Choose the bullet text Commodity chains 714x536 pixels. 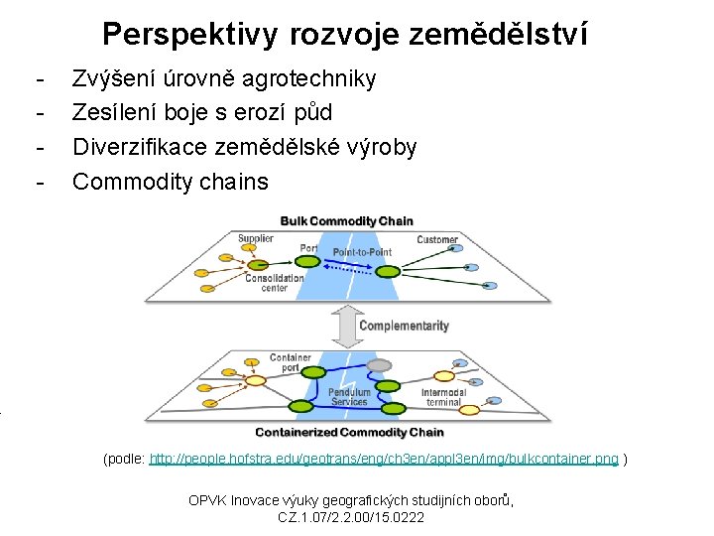click(171, 182)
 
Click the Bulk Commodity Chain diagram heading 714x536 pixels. click(346, 220)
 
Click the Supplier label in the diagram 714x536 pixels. click(256, 238)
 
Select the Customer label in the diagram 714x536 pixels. click(436, 239)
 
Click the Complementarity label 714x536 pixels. click(404, 326)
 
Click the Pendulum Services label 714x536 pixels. click(349, 397)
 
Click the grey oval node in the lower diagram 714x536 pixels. click(378, 365)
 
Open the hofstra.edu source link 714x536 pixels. click(385, 459)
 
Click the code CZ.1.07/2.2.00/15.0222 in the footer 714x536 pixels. click(351, 518)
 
